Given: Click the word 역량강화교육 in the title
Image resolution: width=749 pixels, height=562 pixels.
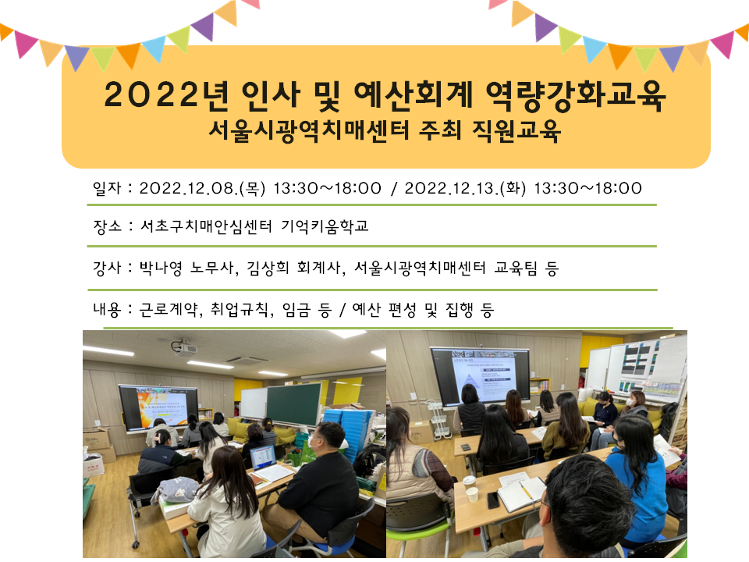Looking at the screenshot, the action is click(575, 94).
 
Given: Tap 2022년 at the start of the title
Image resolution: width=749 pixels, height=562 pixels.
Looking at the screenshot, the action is click(165, 94).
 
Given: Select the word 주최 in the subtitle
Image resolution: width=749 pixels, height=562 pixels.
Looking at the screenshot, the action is click(440, 130).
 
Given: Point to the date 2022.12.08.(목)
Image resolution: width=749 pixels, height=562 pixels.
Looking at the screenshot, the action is click(202, 188).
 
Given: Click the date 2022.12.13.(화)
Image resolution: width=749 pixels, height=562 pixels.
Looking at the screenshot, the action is click(465, 188).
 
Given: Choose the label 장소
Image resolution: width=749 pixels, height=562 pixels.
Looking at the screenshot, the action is click(108, 226).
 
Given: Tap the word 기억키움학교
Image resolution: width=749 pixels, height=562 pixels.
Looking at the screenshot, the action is click(325, 226).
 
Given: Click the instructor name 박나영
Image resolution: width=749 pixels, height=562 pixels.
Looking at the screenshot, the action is click(161, 268).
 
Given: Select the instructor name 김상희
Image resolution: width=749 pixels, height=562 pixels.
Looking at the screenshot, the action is click(268, 268).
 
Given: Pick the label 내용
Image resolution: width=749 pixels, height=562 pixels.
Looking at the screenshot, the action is click(108, 310).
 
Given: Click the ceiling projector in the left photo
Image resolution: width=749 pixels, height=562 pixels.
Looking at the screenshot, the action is click(184, 347).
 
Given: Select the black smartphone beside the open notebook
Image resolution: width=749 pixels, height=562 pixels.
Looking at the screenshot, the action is click(493, 500).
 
